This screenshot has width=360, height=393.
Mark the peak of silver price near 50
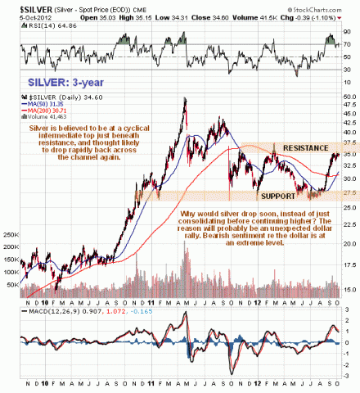point(185,99)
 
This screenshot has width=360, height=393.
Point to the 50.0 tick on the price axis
point(347,97)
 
